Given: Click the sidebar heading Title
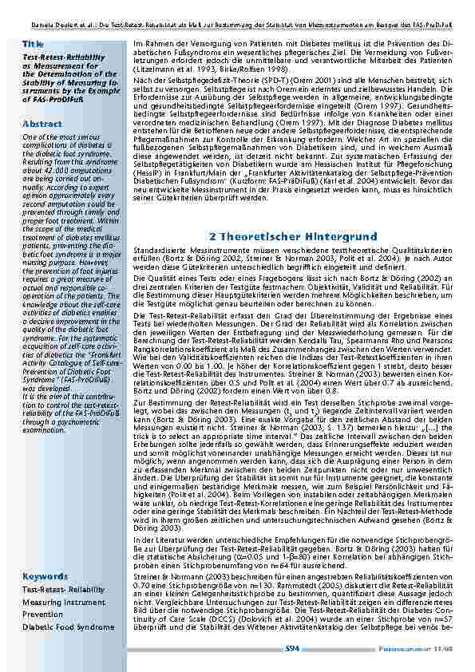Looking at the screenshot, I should pyautogui.click(x=34, y=43).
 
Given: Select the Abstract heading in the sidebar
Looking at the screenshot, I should pyautogui.click(x=42, y=125).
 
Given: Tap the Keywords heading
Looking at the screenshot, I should pyautogui.click(x=45, y=576).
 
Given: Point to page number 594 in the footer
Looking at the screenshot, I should pyautogui.click(x=292, y=649).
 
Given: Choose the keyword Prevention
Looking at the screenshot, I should pyautogui.click(x=42, y=615).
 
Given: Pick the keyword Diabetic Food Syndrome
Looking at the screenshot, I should pyautogui.click(x=68, y=627).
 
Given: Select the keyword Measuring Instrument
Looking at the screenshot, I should pyautogui.click(x=63, y=603).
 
